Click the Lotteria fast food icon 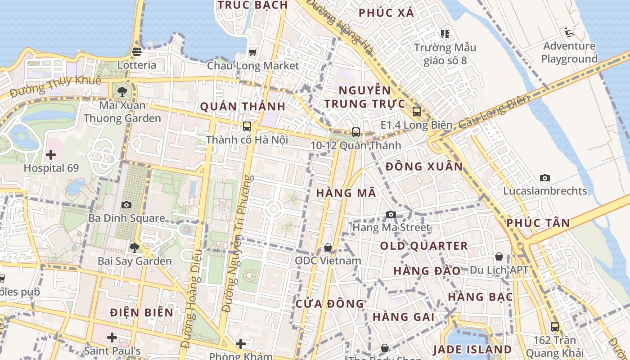point(137,52)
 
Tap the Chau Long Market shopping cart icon point(253,53)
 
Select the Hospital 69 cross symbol point(51,155)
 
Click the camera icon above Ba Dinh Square point(126,205)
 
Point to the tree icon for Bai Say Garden point(134,247)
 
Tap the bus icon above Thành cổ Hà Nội point(247,126)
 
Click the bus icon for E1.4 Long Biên point(417,112)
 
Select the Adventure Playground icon point(569,32)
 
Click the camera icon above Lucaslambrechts point(545,178)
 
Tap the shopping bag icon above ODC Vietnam point(328,247)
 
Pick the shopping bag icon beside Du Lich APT point(499,256)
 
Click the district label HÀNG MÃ point(346,193)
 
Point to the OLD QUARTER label point(424,246)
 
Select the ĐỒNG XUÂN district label point(424,166)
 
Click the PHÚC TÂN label point(538,223)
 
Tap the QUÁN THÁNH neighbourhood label point(243,107)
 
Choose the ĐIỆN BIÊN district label point(141,312)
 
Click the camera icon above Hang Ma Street point(391,214)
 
